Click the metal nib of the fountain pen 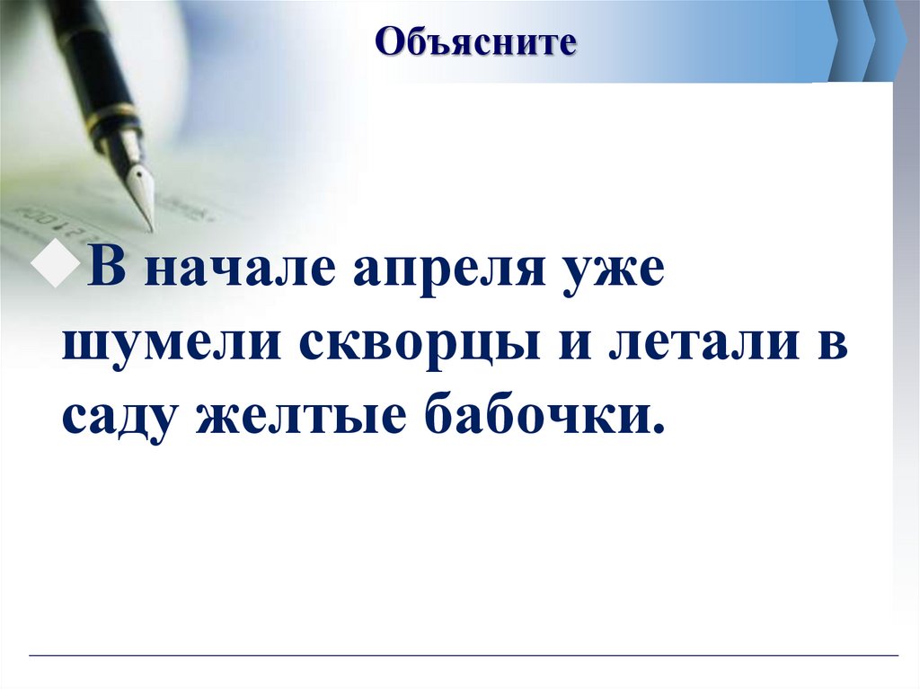point(139,189)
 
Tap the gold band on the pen point(115,118)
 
